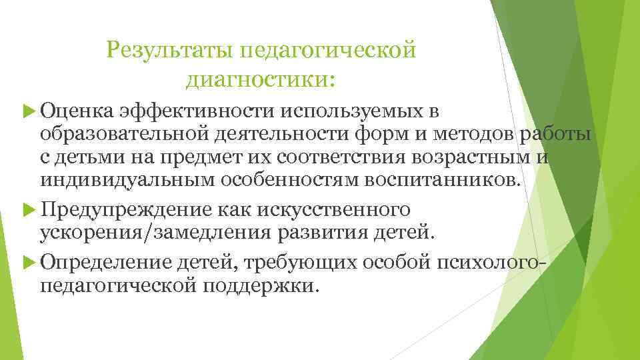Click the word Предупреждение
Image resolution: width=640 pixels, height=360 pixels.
click(x=126, y=210)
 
